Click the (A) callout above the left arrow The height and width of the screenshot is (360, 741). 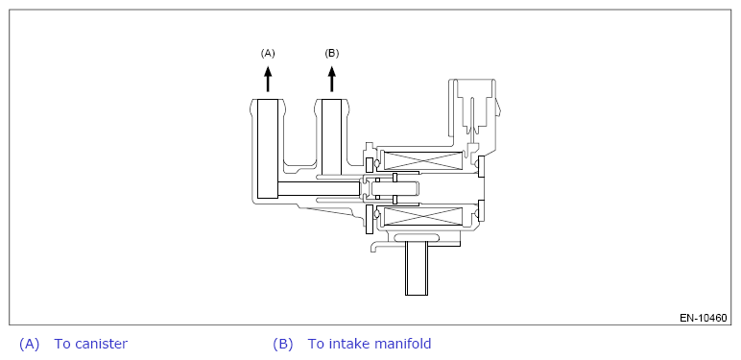268,54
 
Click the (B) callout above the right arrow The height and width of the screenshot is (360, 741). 332,54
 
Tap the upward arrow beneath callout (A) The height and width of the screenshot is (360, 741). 268,79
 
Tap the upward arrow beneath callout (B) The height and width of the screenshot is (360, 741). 332,79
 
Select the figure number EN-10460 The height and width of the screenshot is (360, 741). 704,318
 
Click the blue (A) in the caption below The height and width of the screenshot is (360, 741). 30,344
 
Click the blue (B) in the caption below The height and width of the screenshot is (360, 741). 283,344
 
